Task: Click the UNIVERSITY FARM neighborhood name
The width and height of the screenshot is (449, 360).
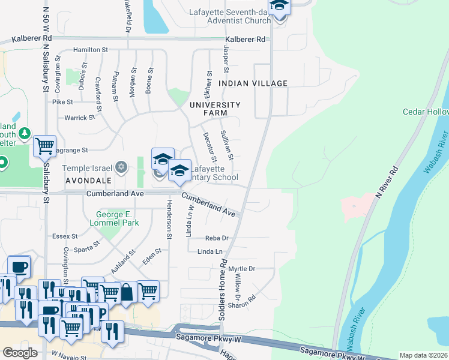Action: [214, 109]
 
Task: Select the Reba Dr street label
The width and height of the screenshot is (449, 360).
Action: [217, 238]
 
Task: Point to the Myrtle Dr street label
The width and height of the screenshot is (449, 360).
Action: [242, 269]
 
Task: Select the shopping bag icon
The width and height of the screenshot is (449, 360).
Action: [127, 292]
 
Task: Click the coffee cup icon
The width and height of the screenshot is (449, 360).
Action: [19, 266]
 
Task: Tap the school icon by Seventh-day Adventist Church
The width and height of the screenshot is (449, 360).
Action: [279, 7]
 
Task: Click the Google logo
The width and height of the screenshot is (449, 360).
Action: [20, 353]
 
